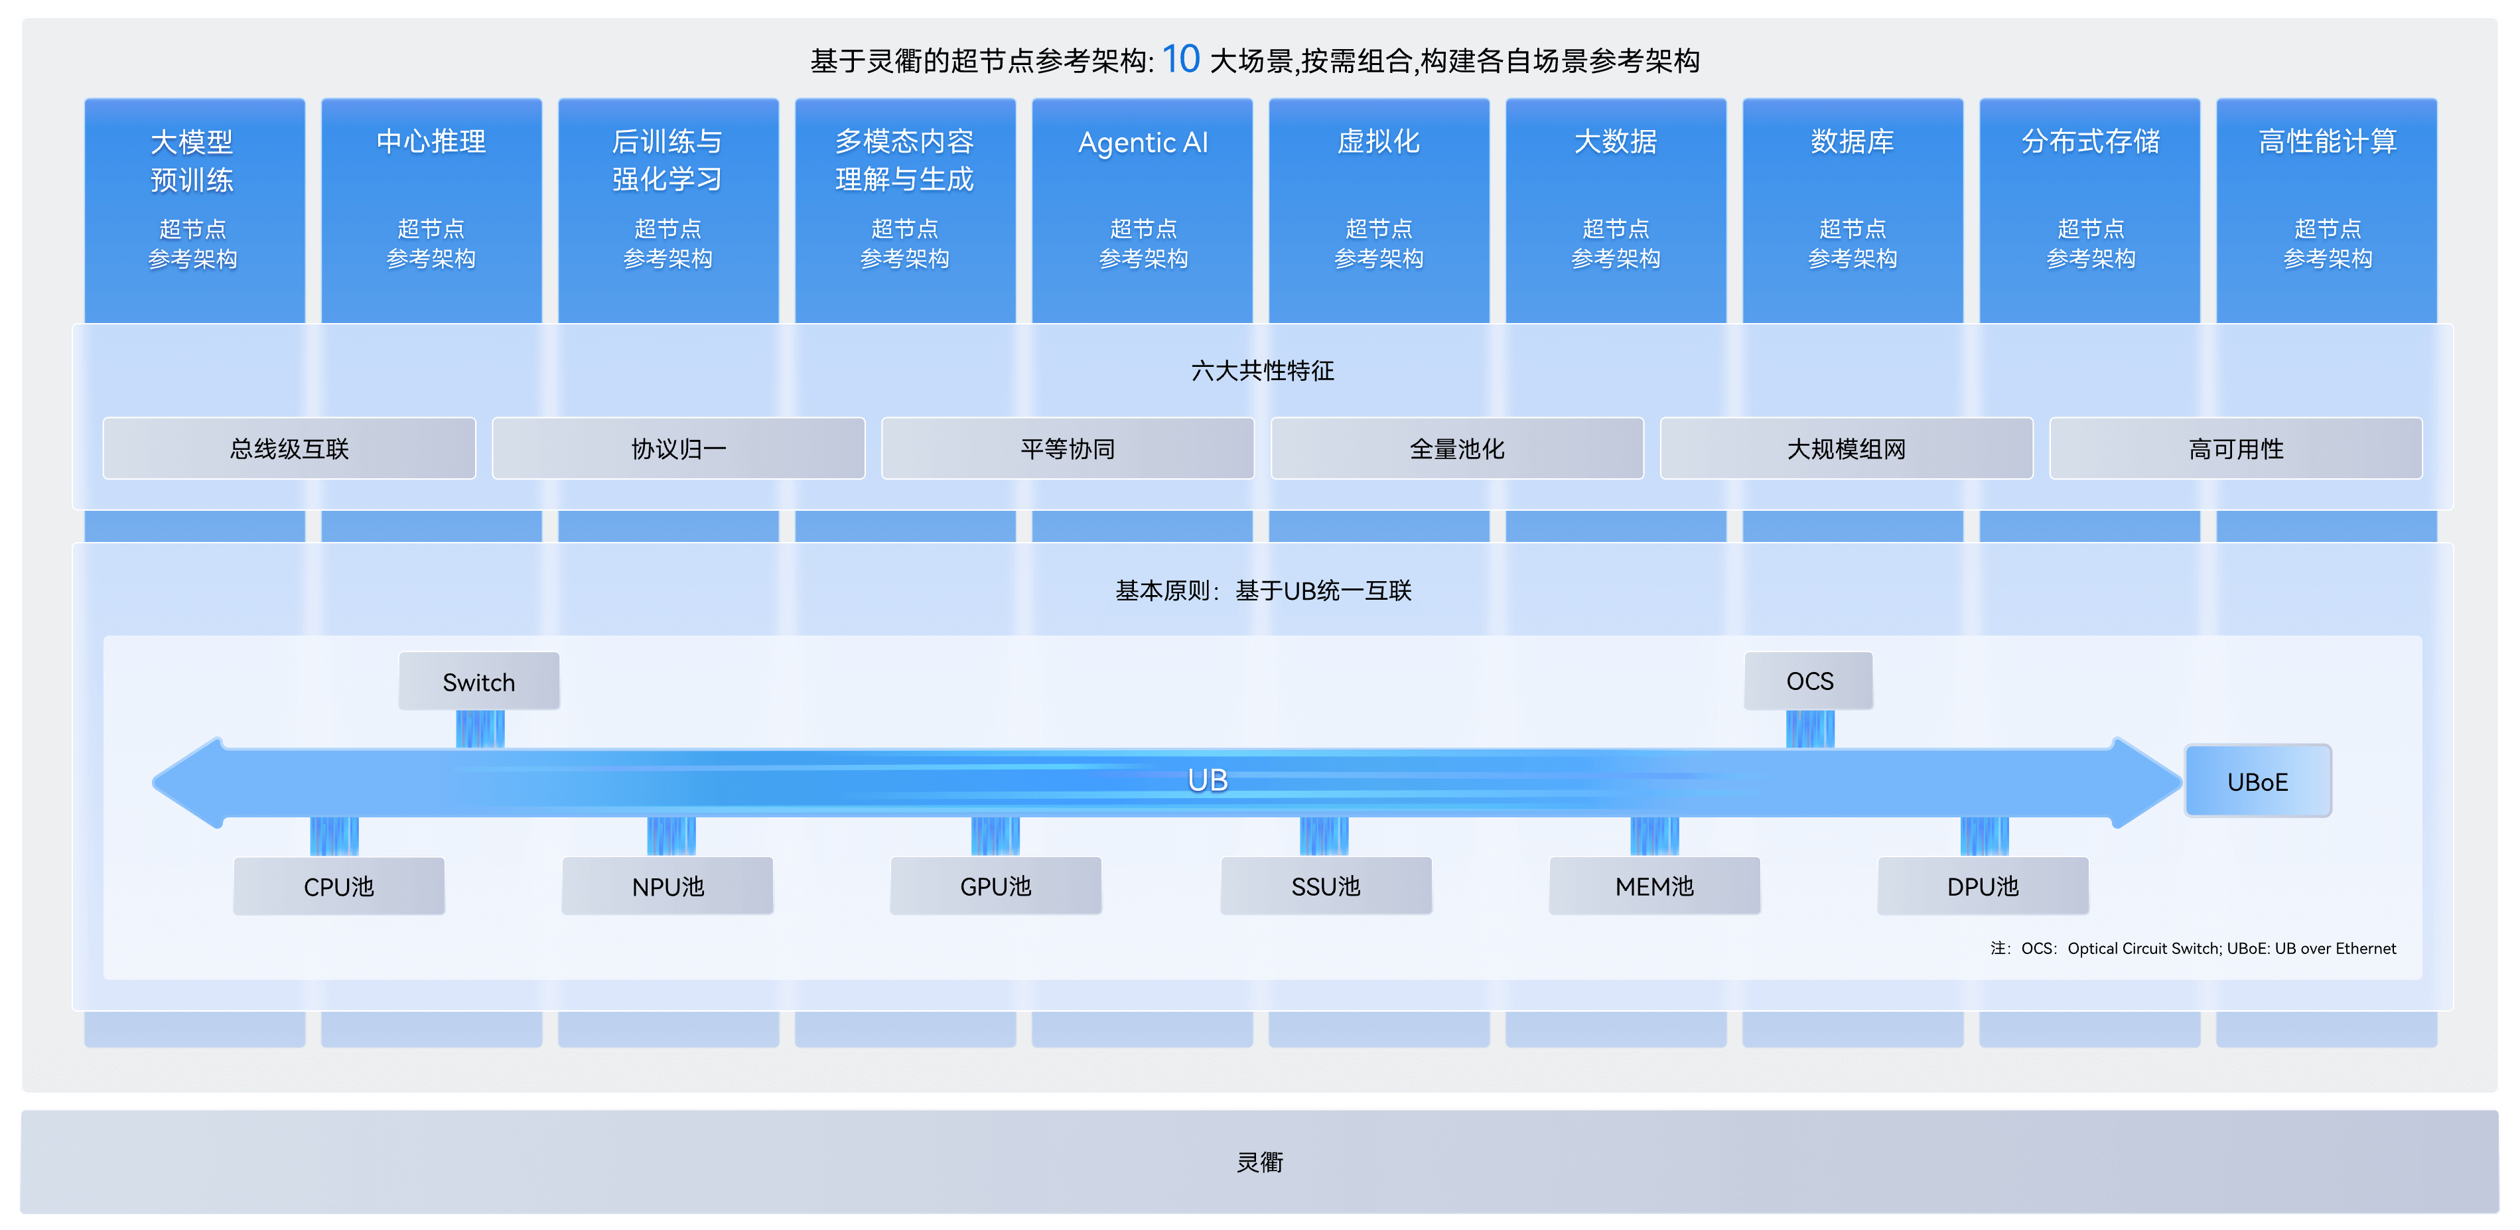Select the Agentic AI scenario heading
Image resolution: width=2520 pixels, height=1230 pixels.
point(1143,143)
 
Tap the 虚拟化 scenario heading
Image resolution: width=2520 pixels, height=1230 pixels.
point(1378,142)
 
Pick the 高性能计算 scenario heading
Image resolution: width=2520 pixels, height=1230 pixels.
point(2328,142)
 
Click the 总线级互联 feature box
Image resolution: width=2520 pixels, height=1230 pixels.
point(289,448)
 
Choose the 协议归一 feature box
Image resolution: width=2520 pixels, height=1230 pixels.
point(679,448)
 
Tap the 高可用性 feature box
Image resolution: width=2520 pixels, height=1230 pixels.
point(2236,448)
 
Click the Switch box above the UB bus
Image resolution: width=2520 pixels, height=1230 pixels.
point(479,681)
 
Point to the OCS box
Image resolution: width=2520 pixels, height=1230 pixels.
point(1809,681)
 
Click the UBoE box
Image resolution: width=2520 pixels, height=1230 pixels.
point(2258,781)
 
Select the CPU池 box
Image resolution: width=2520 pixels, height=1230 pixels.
point(338,886)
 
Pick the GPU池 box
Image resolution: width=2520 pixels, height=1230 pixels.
point(996,886)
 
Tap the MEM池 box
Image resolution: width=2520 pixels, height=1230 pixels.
point(1654,886)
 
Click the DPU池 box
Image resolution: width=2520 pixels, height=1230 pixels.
point(1983,886)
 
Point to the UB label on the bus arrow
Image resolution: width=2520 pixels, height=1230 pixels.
point(1207,780)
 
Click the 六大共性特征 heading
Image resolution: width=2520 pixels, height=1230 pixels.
point(1262,371)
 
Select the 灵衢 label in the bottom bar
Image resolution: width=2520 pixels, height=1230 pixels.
point(1260,1162)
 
